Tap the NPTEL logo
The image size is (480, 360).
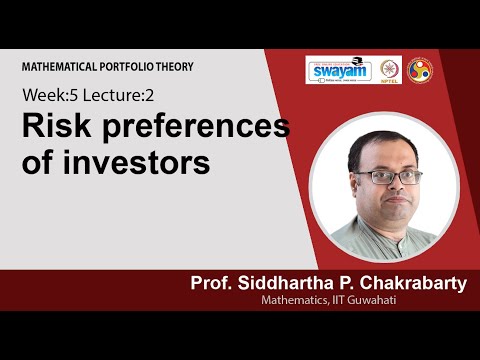point(388,70)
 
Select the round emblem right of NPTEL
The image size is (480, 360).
point(419,69)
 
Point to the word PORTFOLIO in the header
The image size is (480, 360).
point(131,67)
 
